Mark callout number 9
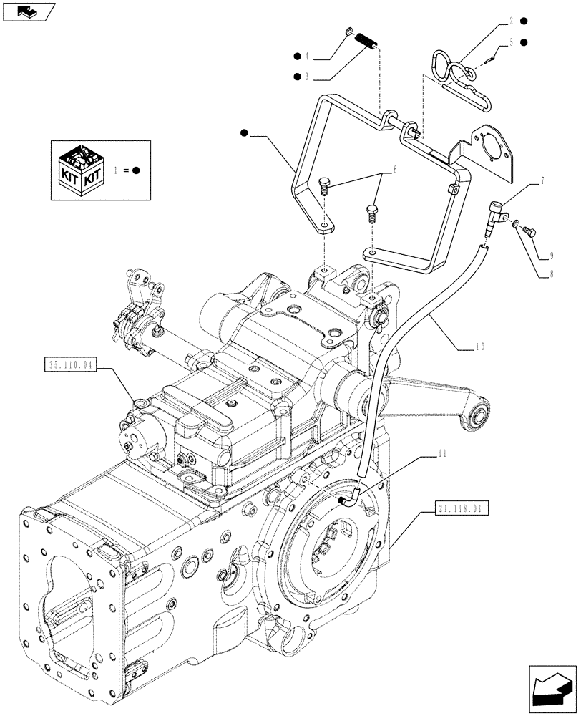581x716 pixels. pos(552,255)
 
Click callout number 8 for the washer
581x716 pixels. pos(552,273)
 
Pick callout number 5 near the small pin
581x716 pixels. pos(512,42)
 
